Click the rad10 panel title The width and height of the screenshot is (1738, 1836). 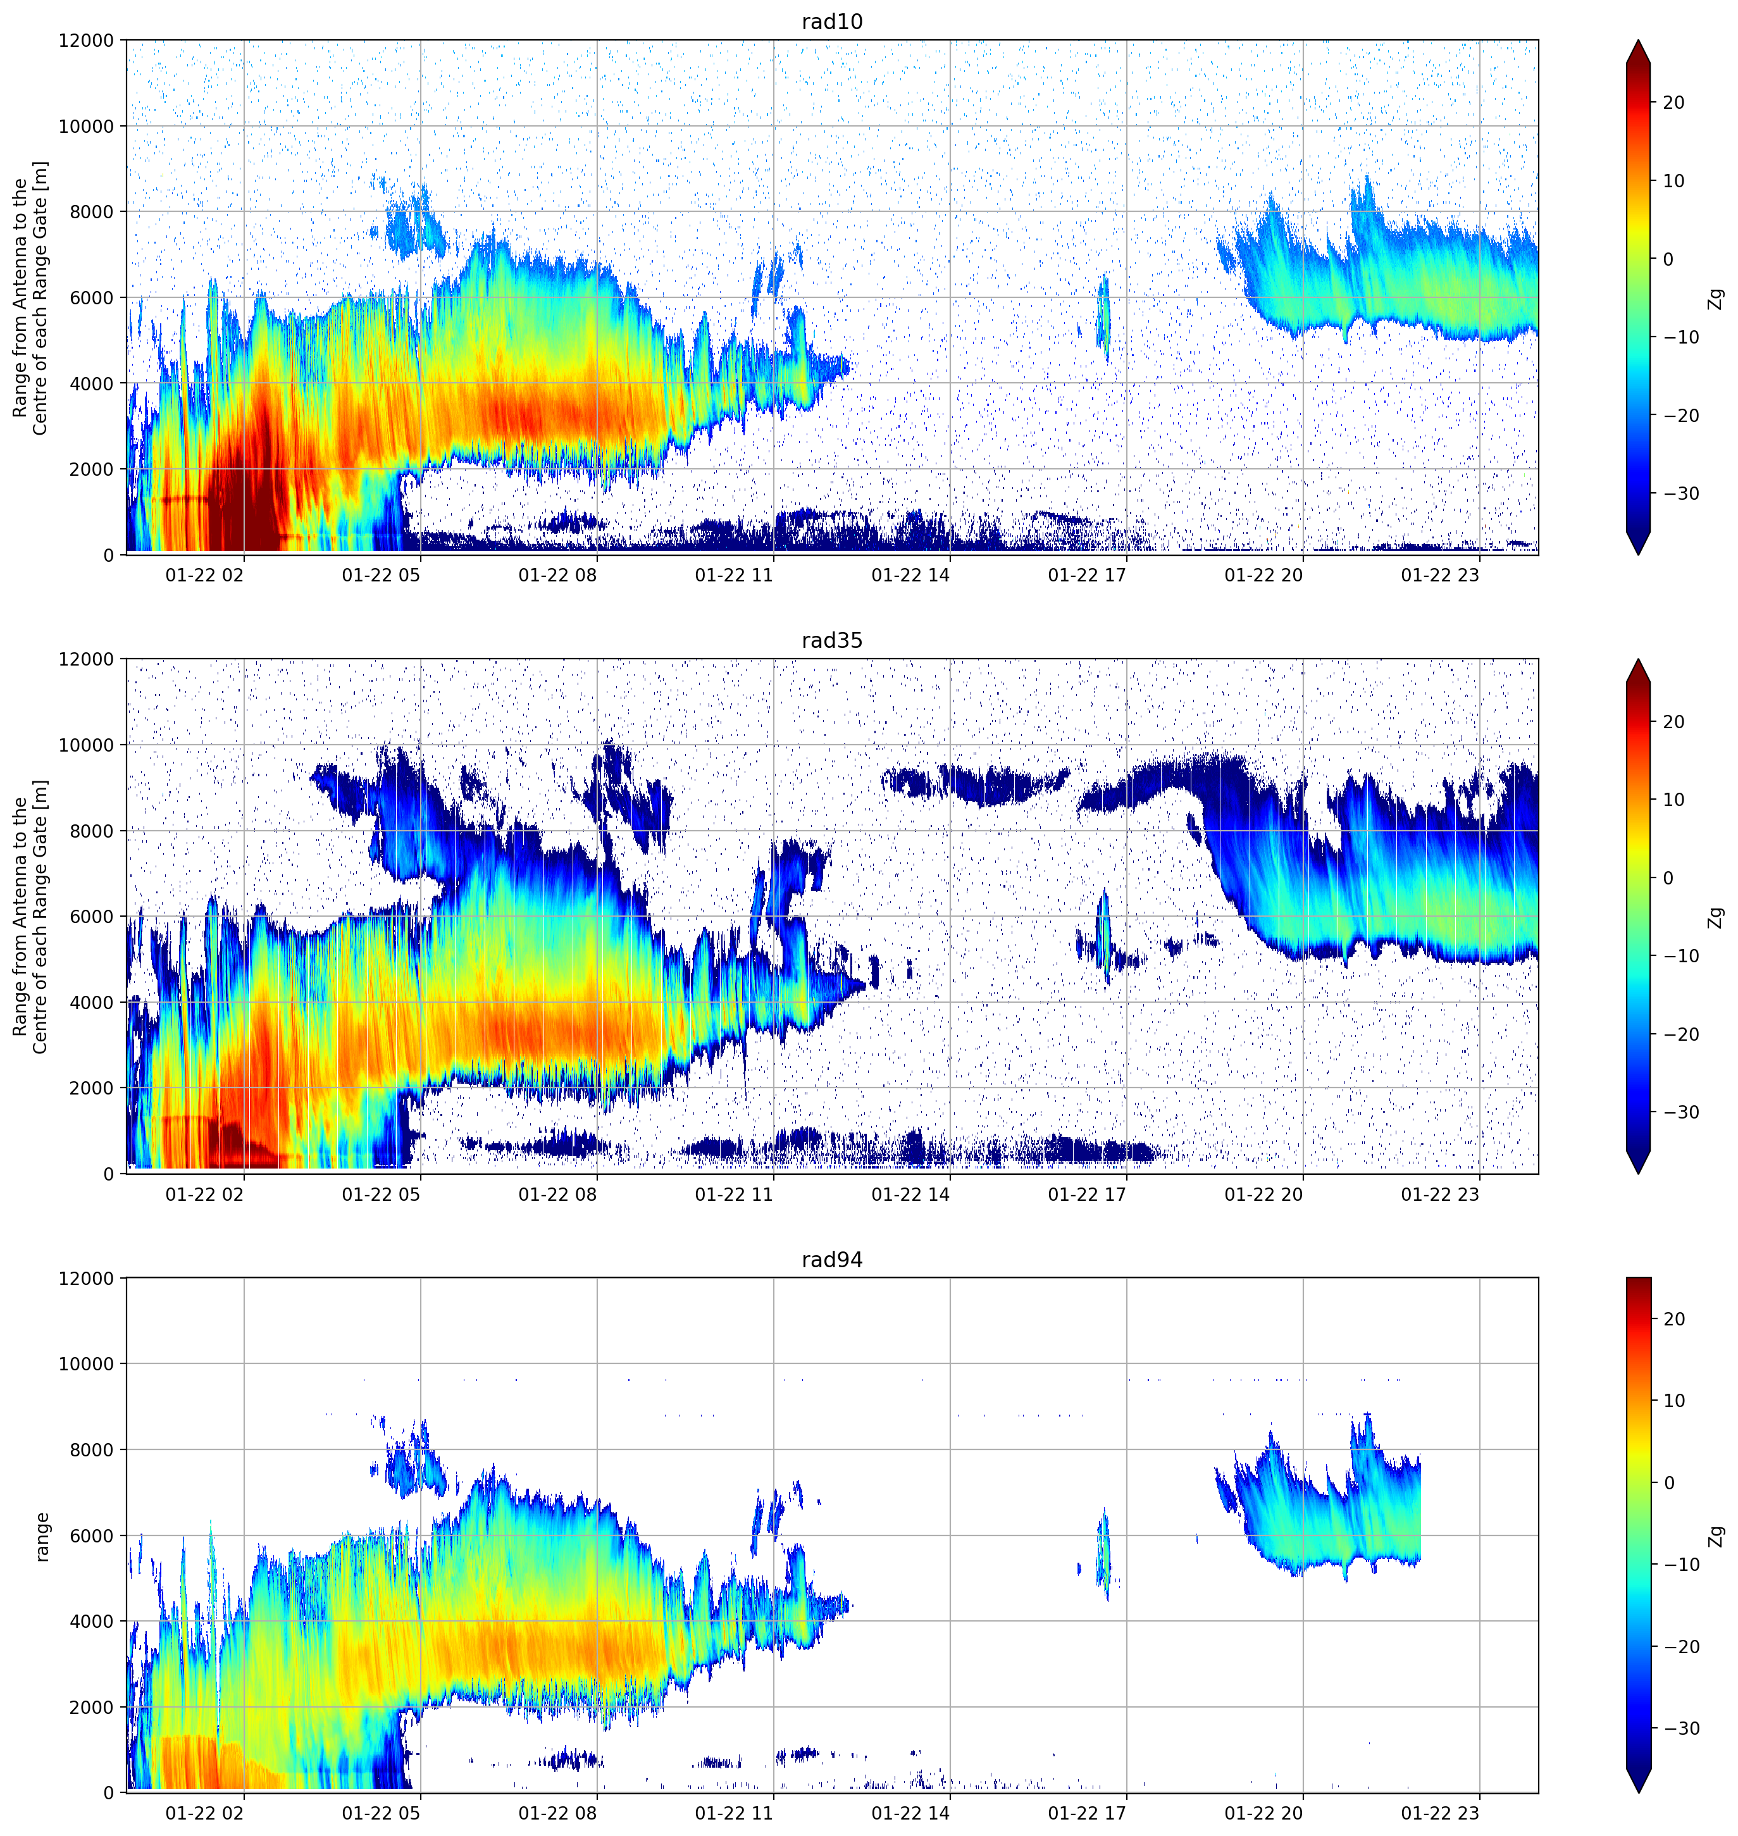pos(832,22)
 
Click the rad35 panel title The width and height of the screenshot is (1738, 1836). pos(832,640)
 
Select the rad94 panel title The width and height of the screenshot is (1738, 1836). pos(832,1260)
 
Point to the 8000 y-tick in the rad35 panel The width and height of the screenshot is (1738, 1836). pos(92,831)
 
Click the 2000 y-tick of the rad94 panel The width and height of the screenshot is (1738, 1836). pos(92,1707)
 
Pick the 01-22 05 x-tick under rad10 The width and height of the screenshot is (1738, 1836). pos(381,575)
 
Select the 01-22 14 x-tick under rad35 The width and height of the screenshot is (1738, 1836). pos(910,1194)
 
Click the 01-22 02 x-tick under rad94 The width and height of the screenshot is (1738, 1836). pos(205,1813)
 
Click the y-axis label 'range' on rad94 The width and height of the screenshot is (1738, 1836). pos(42,1537)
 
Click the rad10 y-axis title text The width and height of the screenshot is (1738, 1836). pos(30,297)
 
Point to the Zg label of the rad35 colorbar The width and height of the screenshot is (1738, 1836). pos(1716,917)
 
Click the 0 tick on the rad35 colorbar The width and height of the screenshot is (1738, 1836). pos(1668,878)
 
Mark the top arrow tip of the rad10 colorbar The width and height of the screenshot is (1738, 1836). pos(1638,40)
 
